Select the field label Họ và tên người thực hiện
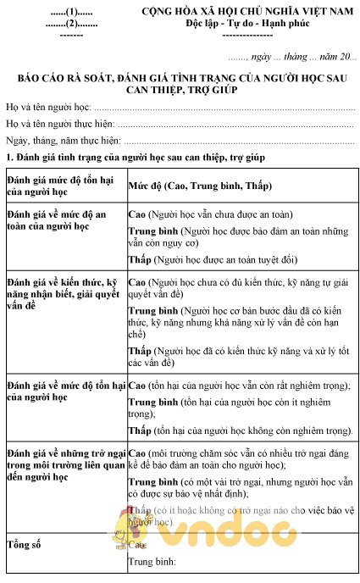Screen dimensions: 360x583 point(59,125)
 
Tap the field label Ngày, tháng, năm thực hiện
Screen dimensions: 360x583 point(62,141)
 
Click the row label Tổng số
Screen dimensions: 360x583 point(24,543)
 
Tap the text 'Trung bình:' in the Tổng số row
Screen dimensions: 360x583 point(151,561)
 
